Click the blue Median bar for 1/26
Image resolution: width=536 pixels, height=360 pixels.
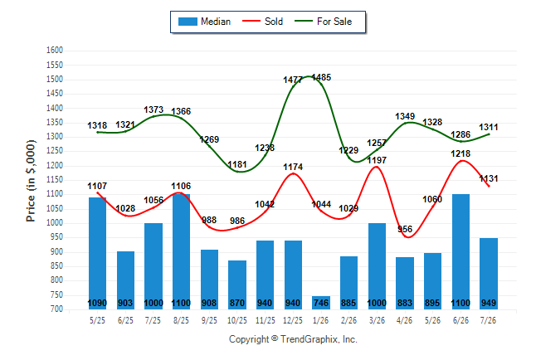(321, 303)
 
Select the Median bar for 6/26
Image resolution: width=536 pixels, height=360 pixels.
(460, 251)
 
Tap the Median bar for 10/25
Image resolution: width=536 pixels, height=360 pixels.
(237, 285)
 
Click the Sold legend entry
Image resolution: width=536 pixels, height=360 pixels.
(262, 22)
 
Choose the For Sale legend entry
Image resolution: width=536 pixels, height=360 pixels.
(323, 22)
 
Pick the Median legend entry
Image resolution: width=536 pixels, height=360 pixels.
(204, 22)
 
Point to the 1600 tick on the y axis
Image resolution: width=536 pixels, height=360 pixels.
(55, 51)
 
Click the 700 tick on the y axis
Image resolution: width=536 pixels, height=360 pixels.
(55, 309)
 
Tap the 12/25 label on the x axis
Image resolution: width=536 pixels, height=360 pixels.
(293, 320)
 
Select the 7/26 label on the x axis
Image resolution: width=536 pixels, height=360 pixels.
(488, 320)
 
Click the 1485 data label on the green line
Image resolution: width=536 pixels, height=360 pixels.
(321, 77)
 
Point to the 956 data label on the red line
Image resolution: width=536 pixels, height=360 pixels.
(405, 229)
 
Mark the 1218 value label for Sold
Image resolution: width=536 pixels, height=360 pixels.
(460, 153)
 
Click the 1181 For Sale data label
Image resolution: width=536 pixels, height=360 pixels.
(237, 164)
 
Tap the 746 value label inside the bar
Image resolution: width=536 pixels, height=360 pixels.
(321, 303)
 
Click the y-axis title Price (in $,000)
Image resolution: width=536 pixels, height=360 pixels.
(31, 181)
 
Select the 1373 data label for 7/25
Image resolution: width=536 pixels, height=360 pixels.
(153, 109)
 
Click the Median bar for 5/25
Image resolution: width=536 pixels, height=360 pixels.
(97, 253)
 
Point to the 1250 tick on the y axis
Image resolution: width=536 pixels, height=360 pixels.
(55, 151)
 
